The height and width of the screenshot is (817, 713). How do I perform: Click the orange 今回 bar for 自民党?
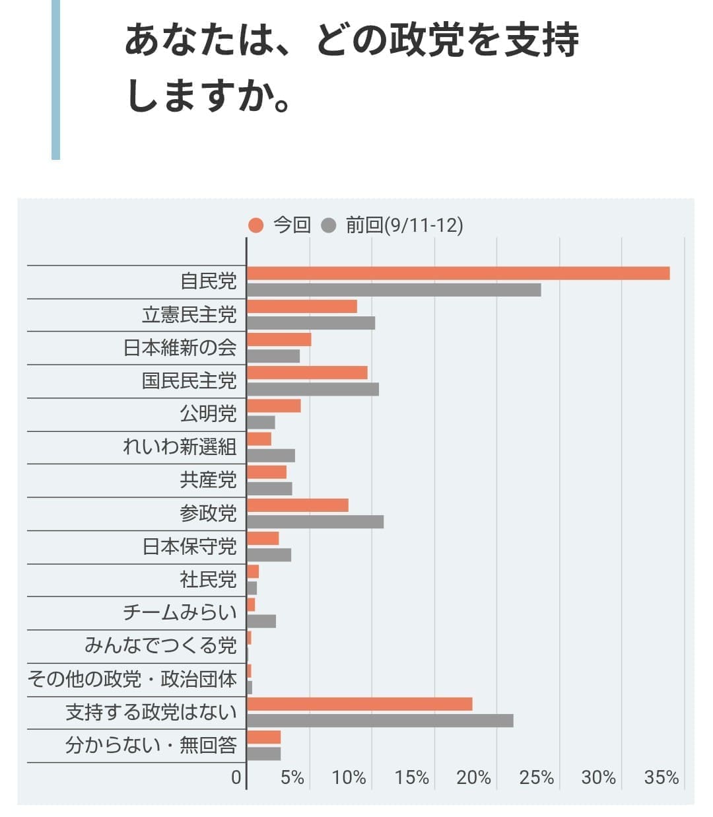pyautogui.click(x=458, y=273)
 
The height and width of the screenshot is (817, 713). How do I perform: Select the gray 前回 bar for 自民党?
pyautogui.click(x=394, y=290)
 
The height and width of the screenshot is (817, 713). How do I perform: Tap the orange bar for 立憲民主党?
pyautogui.click(x=302, y=306)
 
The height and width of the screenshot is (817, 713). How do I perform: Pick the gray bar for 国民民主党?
pyautogui.click(x=313, y=390)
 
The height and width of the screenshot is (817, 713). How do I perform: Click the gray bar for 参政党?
pyautogui.click(x=315, y=522)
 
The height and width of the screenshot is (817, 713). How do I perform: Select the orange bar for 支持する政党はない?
pyautogui.click(x=360, y=704)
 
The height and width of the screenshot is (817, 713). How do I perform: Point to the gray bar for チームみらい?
pyautogui.click(x=261, y=622)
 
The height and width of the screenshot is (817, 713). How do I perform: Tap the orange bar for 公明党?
pyautogui.click(x=274, y=406)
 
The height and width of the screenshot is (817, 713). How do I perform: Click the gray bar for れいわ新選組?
pyautogui.click(x=271, y=456)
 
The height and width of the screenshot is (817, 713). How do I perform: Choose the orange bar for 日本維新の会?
pyautogui.click(x=279, y=340)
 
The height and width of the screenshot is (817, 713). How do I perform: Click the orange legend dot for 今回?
pyautogui.click(x=256, y=226)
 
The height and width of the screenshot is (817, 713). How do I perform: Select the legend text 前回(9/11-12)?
pyautogui.click(x=404, y=226)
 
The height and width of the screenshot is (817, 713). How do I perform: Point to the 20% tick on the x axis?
pyautogui.click(x=473, y=778)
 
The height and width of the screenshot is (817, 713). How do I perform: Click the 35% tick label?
pyautogui.click(x=662, y=778)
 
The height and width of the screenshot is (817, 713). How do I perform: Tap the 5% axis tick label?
pyautogui.click(x=292, y=778)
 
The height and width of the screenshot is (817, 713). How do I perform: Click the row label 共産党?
pyautogui.click(x=208, y=480)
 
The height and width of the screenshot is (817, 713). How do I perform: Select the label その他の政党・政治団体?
pyautogui.click(x=132, y=679)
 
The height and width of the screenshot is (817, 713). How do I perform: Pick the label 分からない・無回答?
pyautogui.click(x=151, y=746)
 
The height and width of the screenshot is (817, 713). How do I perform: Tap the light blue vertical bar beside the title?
pyautogui.click(x=55, y=79)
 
